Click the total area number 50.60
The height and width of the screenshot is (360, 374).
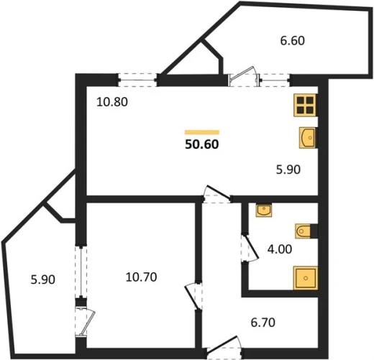pyautogui.click(x=202, y=144)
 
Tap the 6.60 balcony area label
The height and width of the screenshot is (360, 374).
pyautogui.click(x=293, y=40)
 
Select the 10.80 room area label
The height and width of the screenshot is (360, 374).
pyautogui.click(x=112, y=102)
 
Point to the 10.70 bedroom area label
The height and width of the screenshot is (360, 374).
pyautogui.click(x=141, y=277)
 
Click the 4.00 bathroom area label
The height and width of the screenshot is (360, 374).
pyautogui.click(x=280, y=249)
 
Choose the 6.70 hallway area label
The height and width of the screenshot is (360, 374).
pyautogui.click(x=263, y=323)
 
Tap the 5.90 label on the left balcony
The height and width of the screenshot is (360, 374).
pyautogui.click(x=43, y=280)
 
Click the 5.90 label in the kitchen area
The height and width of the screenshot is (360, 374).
pyautogui.click(x=288, y=170)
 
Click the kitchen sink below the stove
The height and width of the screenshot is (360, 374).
pyautogui.click(x=308, y=138)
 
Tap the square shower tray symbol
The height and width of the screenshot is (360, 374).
pyautogui.click(x=306, y=278)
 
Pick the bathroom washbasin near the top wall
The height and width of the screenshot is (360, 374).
pyautogui.click(x=264, y=210)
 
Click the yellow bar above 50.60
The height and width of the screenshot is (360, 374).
pyautogui.click(x=202, y=132)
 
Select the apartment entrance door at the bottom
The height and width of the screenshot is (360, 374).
pyautogui.click(x=225, y=348)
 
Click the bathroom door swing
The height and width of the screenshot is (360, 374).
pyautogui.click(x=250, y=249)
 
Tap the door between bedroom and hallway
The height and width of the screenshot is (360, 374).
pyautogui.click(x=193, y=297)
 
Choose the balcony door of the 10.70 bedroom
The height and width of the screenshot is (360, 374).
pyautogui.click(x=85, y=323)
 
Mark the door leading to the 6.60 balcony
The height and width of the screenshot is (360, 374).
pyautogui.click(x=244, y=77)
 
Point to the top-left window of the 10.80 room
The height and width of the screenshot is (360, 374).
pyautogui.click(x=137, y=80)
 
